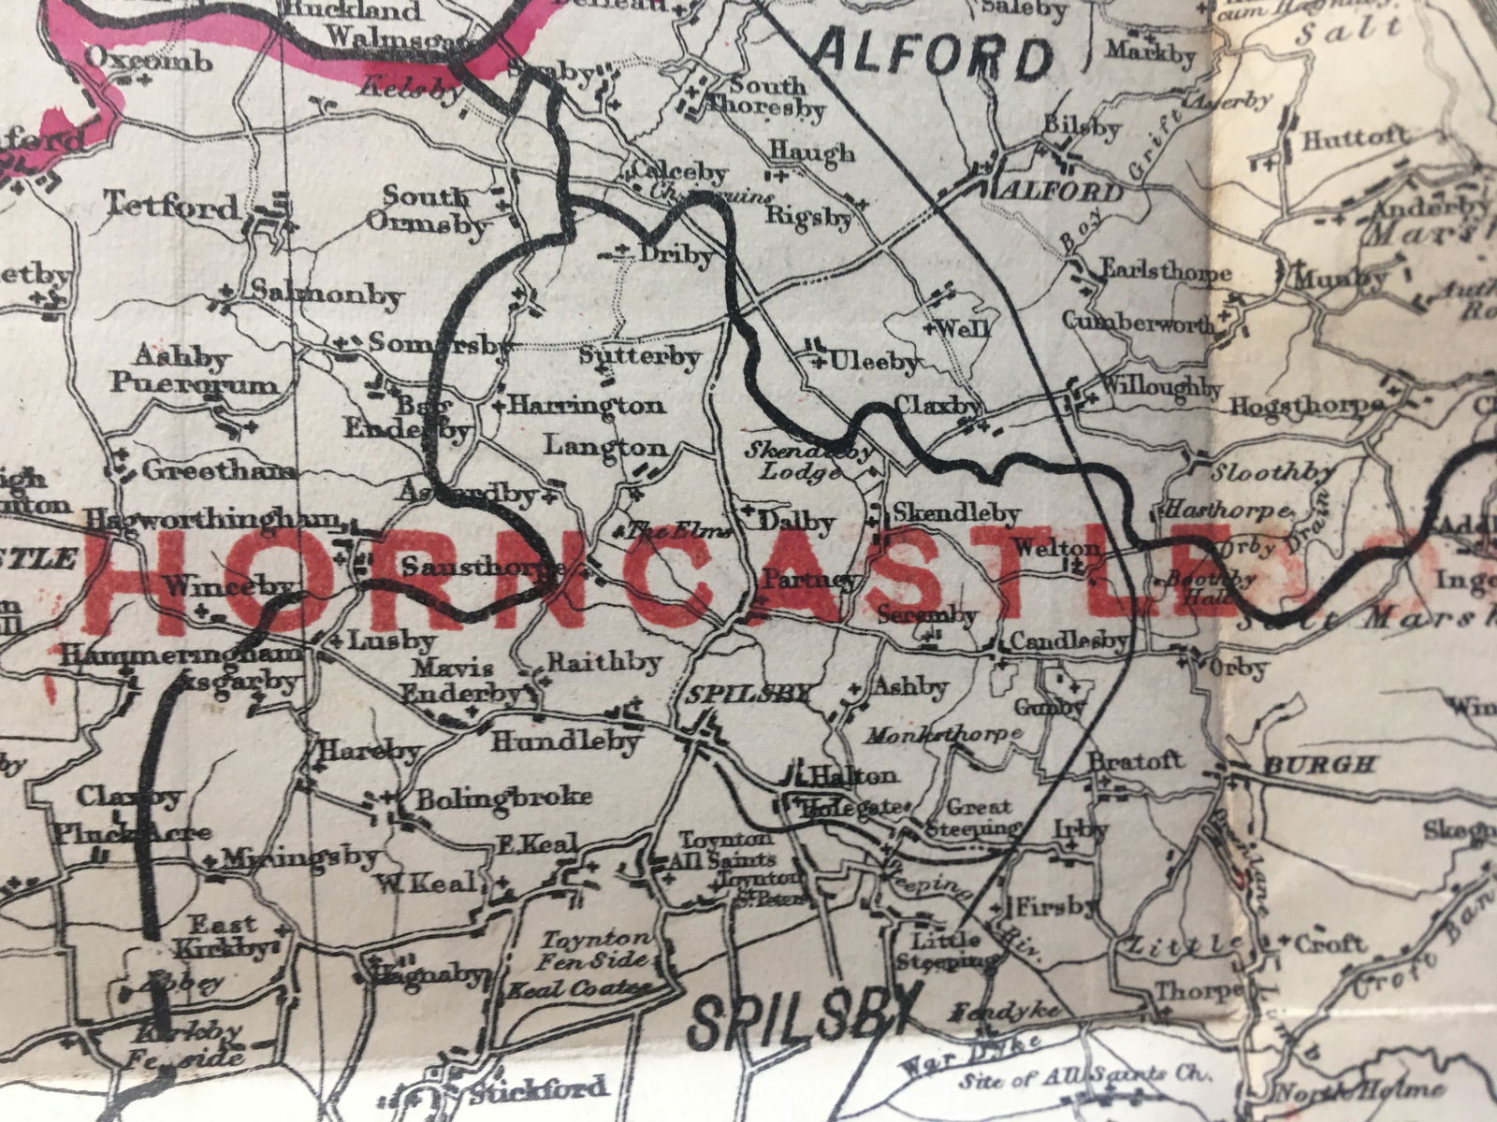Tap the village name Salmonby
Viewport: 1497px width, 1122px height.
[327, 296]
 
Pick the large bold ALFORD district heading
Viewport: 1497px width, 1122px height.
[934, 59]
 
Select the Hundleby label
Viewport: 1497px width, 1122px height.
[565, 743]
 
